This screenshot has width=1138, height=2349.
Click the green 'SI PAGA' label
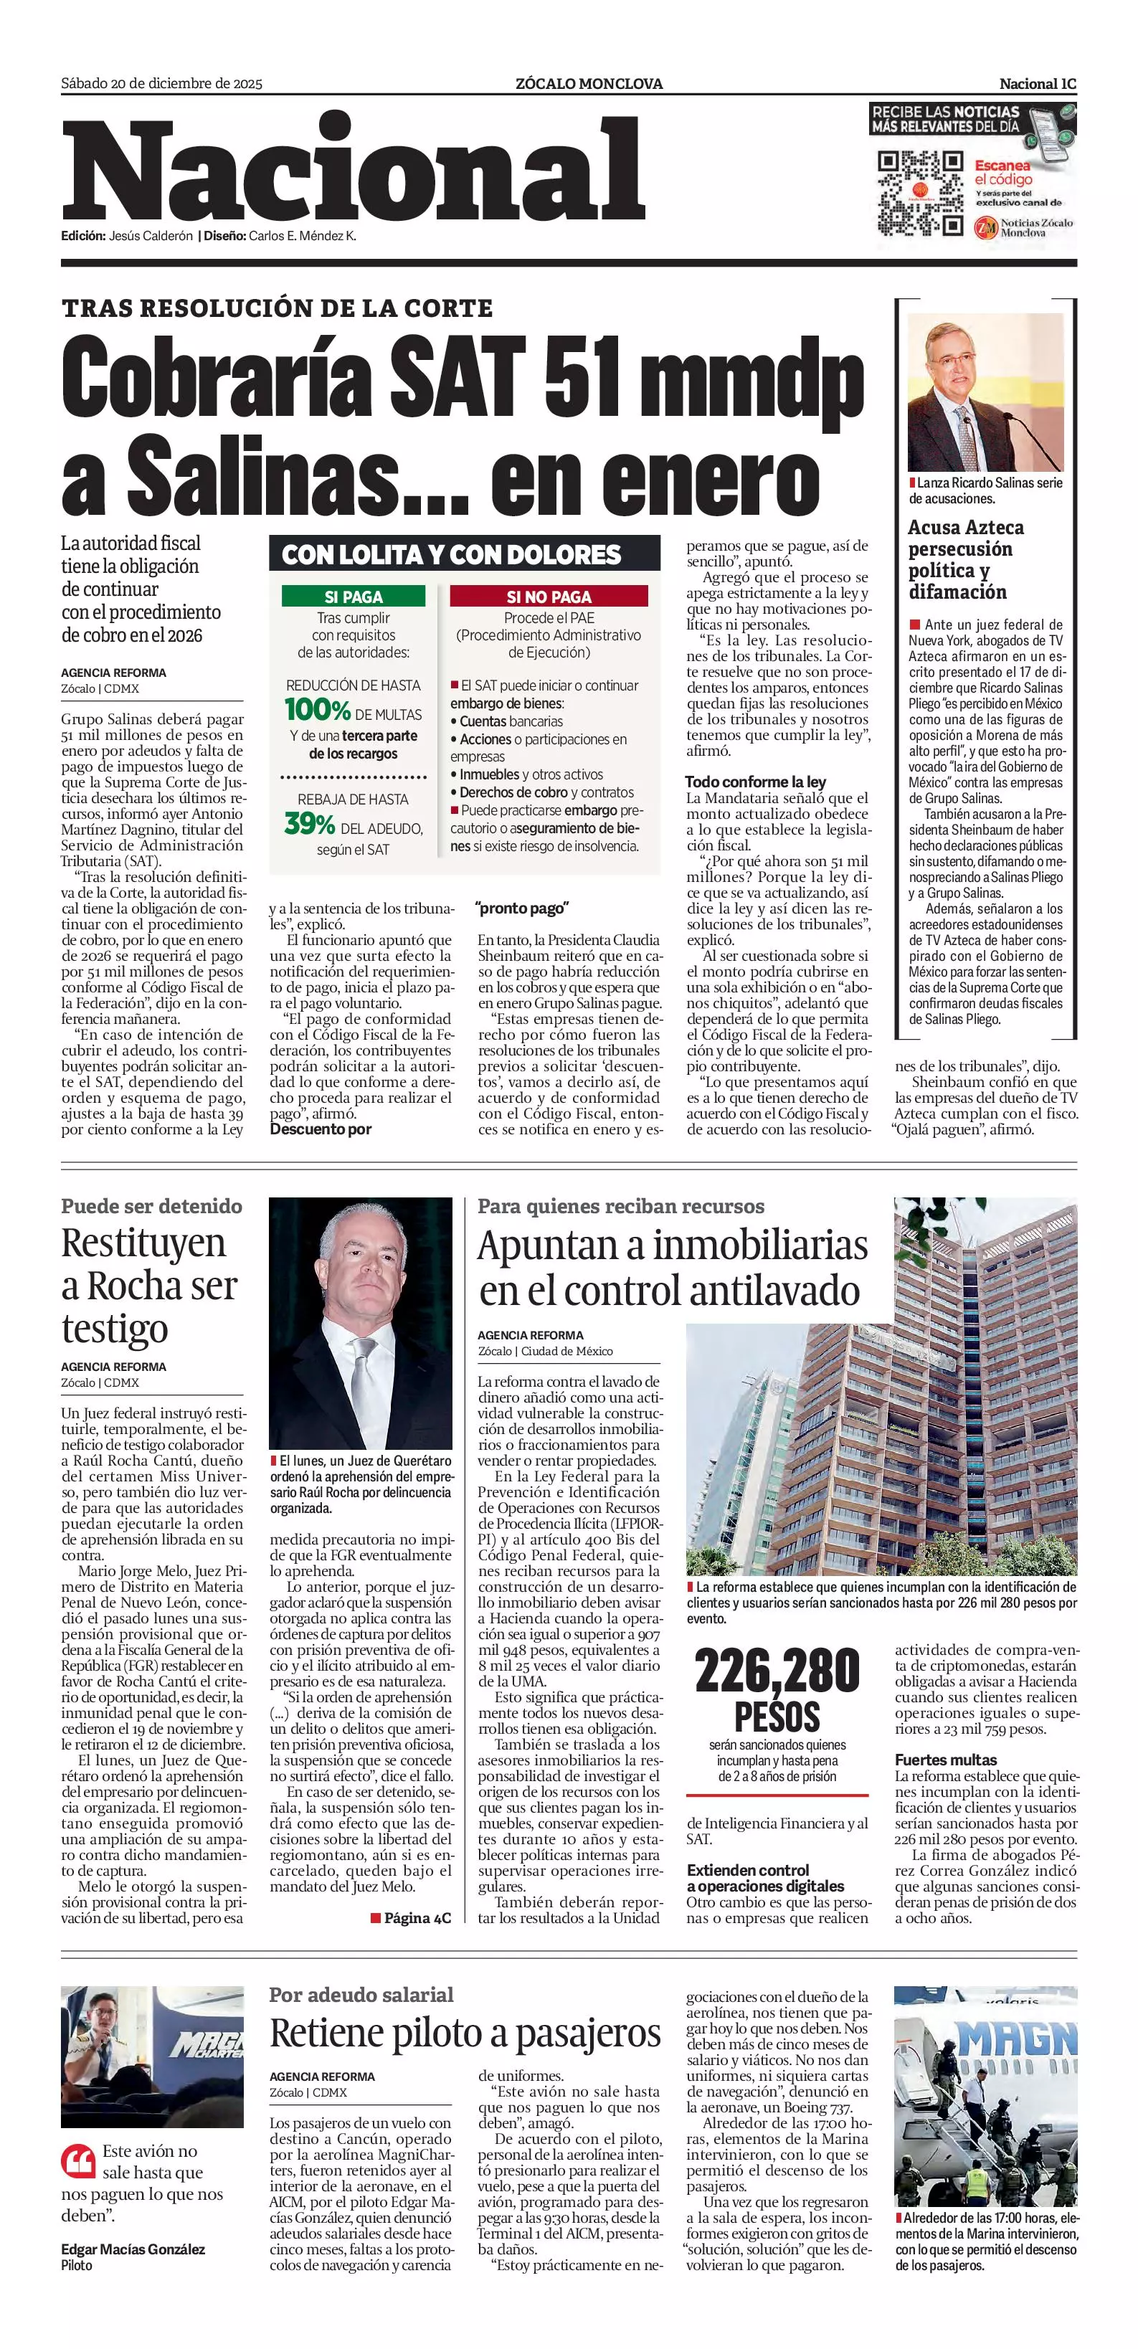tap(354, 597)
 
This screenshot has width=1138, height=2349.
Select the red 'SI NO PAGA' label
tap(549, 597)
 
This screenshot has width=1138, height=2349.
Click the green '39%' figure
tap(309, 825)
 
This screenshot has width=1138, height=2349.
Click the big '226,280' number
tap(777, 1671)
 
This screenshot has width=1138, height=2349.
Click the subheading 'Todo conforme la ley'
tap(755, 782)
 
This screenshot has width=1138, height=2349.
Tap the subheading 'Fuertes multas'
tap(946, 1760)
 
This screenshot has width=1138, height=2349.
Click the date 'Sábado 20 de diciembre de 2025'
tap(161, 84)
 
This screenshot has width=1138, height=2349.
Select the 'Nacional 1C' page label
tap(1038, 84)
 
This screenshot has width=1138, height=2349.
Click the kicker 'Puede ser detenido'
tap(151, 1207)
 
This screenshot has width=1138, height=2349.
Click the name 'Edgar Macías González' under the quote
tap(133, 2249)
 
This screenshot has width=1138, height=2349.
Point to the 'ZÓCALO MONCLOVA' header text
tap(589, 84)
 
